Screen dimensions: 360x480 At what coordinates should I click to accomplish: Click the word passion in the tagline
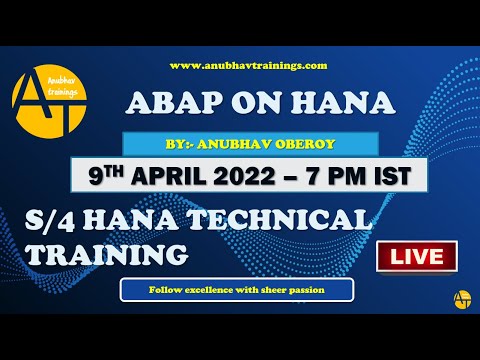(x=330, y=291)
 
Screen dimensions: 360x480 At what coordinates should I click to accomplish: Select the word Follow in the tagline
(x=167, y=291)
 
